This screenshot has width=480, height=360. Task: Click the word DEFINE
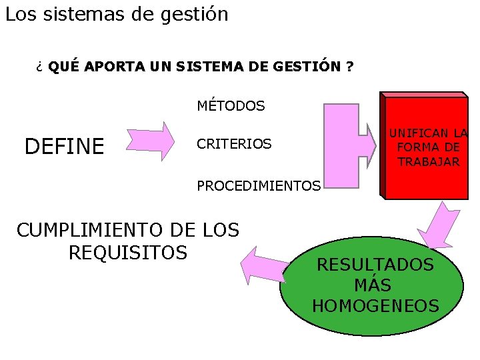64,146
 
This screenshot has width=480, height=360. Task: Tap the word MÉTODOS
231,106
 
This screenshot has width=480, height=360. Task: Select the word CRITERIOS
233,144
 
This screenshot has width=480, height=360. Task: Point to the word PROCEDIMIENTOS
259,185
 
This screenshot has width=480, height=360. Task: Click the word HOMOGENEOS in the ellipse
375,306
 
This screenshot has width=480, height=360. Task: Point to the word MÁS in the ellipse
373,285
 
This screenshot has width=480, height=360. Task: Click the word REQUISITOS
127,253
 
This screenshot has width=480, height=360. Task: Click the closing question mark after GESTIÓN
350,67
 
